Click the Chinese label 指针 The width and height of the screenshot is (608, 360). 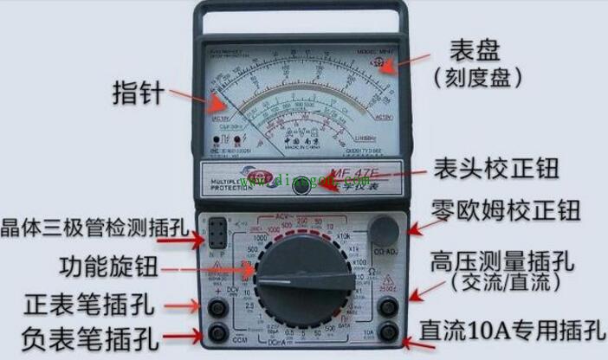(139, 92)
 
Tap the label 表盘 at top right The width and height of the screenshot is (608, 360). (475, 48)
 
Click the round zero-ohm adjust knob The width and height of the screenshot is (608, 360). (385, 228)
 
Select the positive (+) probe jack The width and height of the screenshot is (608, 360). (216, 305)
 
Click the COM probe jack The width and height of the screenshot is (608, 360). (216, 333)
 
